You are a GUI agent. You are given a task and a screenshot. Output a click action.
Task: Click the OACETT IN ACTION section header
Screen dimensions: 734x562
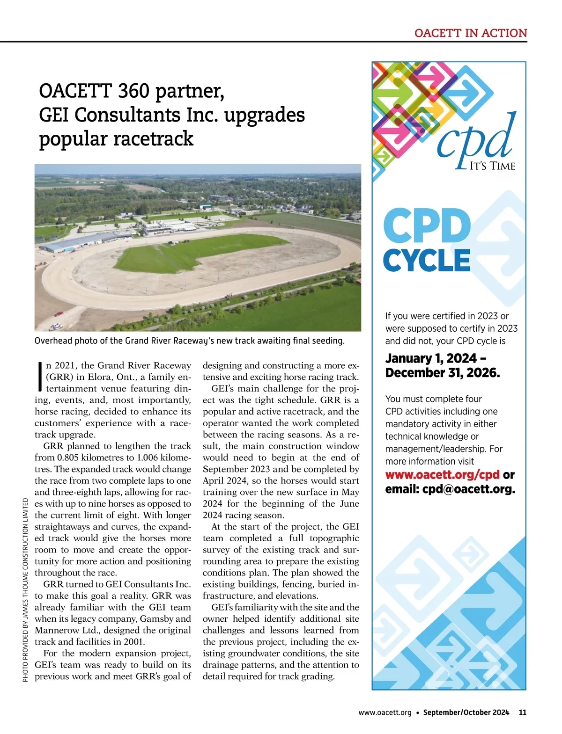[x=471, y=33]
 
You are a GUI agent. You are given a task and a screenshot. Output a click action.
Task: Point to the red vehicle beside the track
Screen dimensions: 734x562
[x=59, y=314]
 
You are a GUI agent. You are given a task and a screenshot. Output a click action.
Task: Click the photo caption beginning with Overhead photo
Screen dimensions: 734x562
[x=189, y=341]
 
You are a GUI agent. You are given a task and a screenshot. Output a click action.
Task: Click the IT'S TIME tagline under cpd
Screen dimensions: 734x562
[x=492, y=166]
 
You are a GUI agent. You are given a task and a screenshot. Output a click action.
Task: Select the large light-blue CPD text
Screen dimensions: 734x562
[x=427, y=226]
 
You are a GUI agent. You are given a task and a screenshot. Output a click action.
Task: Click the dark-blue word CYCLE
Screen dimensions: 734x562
[x=426, y=261]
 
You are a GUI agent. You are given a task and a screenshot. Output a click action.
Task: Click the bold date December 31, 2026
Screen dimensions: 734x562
[x=442, y=373]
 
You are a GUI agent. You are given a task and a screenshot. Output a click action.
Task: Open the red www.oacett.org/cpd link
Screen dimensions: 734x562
[x=442, y=475]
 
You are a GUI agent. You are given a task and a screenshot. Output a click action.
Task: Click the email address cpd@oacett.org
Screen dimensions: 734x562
[x=468, y=489]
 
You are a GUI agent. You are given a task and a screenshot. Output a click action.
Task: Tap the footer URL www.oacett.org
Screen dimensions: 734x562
[x=385, y=712]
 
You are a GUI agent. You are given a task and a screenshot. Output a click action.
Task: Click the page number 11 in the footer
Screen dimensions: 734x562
[x=523, y=712]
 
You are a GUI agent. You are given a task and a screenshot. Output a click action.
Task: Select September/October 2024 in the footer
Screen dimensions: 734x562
[x=466, y=712]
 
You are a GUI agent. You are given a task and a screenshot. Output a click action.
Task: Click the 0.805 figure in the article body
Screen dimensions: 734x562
[x=70, y=458]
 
